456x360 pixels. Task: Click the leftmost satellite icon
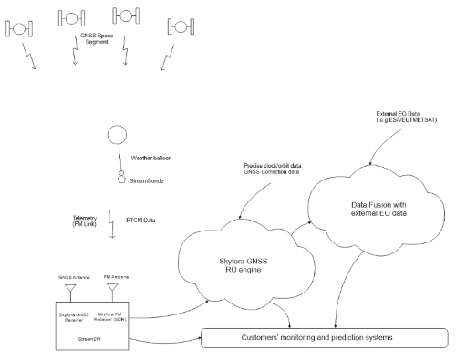[x=20, y=26]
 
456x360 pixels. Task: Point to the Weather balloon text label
[x=153, y=158]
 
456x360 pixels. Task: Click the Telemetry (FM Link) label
[x=84, y=222]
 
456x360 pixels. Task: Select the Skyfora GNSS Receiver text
[x=70, y=316]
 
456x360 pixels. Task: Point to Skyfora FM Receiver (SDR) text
[x=109, y=316]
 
